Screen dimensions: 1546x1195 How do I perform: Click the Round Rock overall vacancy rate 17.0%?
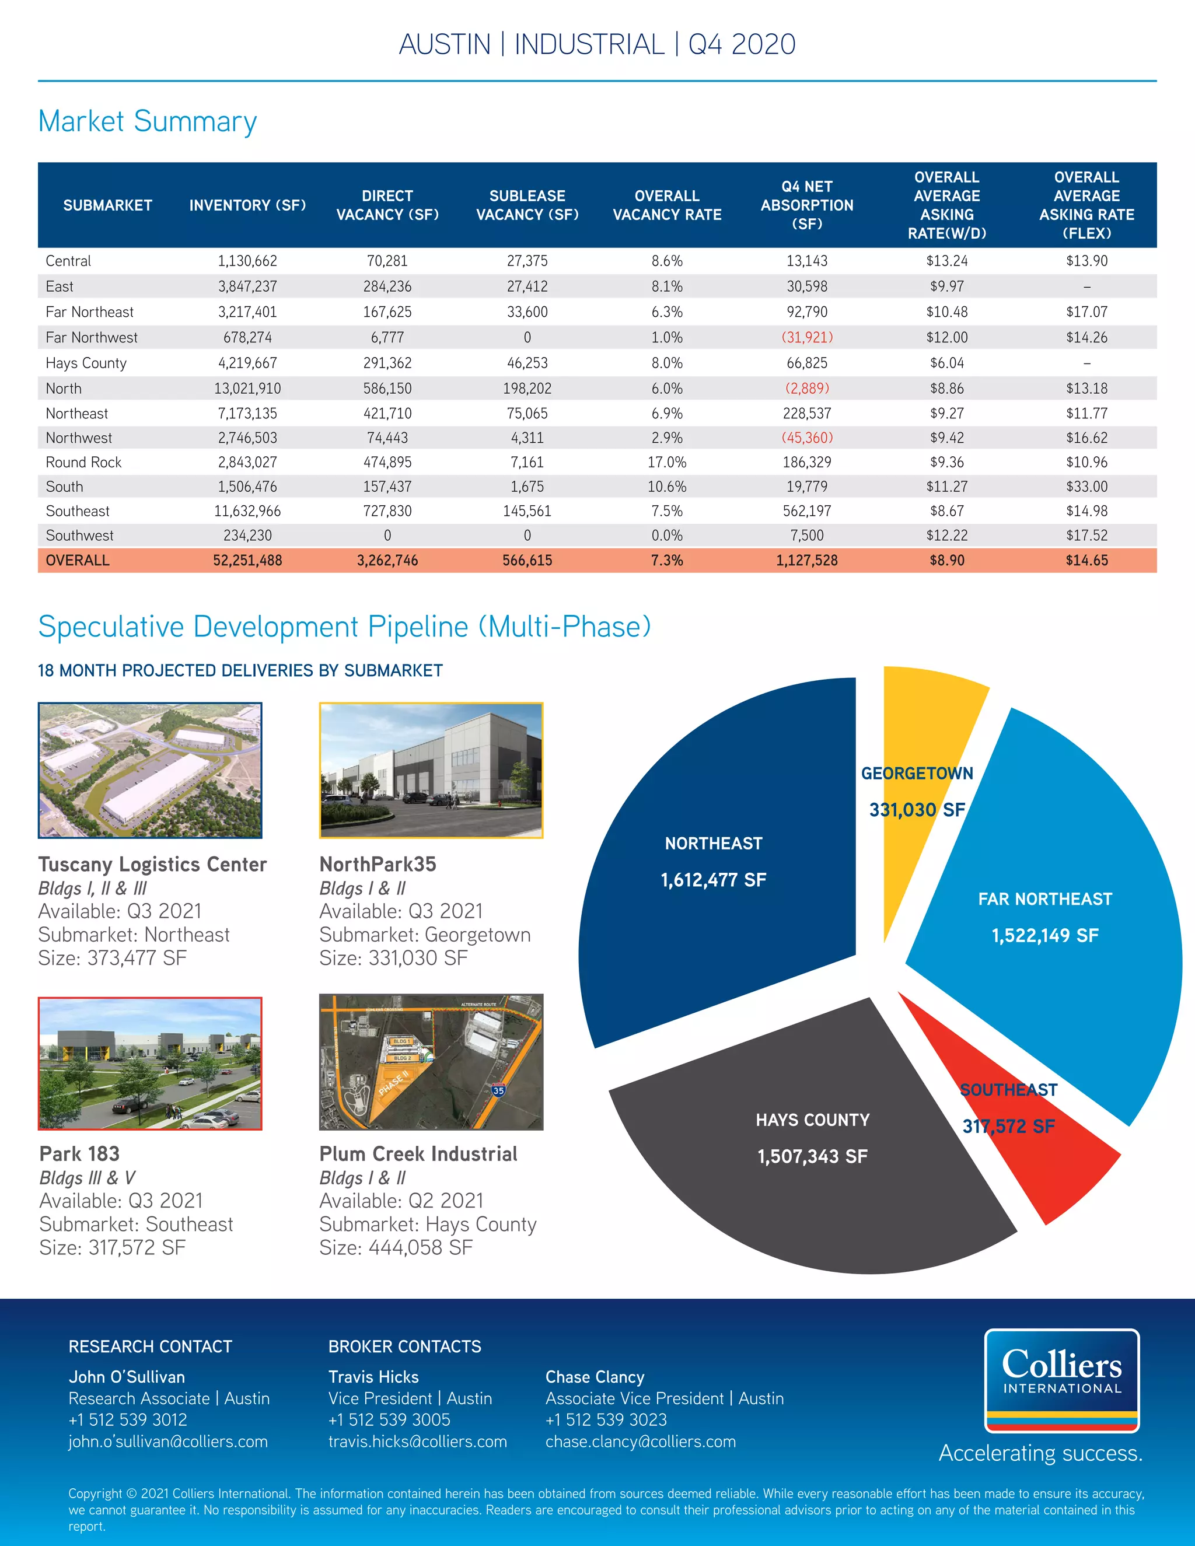[667, 462]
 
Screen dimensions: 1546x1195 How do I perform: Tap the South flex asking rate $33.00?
[1086, 487]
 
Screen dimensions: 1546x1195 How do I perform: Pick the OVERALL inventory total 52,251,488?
[247, 561]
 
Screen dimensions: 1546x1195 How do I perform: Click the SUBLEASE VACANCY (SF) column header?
[527, 205]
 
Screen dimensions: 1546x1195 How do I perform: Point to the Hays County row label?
[86, 363]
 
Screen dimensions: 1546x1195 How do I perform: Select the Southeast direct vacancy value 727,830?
[387, 511]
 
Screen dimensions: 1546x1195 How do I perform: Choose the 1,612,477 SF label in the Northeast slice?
[713, 880]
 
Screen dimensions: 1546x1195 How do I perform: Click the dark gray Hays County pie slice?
[814, 1189]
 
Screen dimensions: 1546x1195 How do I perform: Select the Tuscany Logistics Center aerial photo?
[150, 770]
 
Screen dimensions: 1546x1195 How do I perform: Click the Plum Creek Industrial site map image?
[431, 1062]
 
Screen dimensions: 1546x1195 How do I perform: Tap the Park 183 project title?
[79, 1154]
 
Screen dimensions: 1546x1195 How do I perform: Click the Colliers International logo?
[1061, 1380]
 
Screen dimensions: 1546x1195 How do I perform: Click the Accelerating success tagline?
[1039, 1453]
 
